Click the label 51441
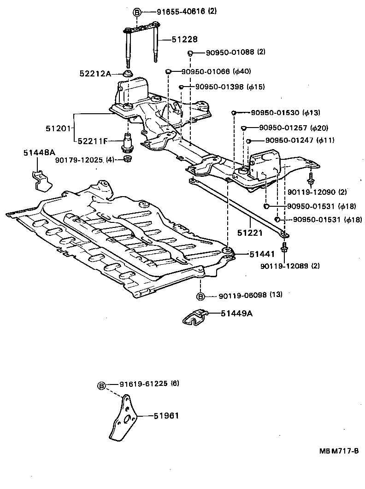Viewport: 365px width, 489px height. (x=249, y=254)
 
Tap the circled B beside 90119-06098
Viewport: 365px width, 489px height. (x=201, y=295)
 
